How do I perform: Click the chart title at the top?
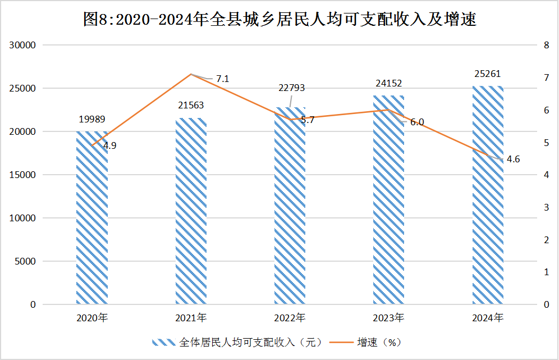tap(279, 20)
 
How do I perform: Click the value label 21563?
tap(191, 106)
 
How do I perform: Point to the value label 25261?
tap(487, 74)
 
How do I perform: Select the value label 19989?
tap(92, 119)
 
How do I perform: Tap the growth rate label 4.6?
tap(513, 160)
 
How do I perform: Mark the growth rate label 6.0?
tap(417, 122)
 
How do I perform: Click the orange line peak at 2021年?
tap(191, 74)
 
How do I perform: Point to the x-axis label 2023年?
tap(388, 318)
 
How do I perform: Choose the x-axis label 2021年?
tap(191, 318)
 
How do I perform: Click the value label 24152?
tap(388, 84)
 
